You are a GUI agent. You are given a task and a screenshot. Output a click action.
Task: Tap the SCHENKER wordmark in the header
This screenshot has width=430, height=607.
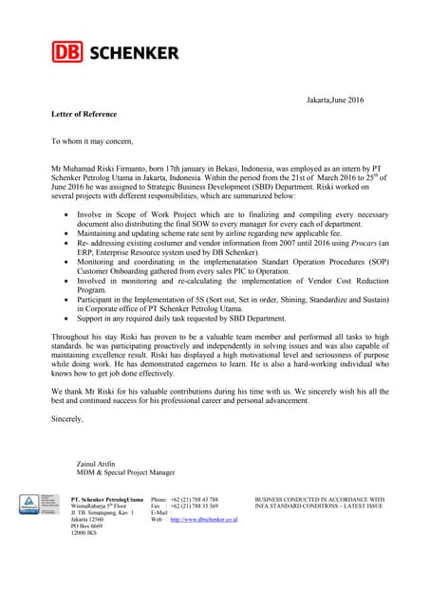coord(134,51)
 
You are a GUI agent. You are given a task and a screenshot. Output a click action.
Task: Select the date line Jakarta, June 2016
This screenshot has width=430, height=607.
coord(335,101)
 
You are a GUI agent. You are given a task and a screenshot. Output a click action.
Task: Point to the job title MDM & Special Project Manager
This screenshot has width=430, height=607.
coord(125,472)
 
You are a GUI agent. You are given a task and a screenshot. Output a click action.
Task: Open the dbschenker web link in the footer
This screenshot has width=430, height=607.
coord(203,520)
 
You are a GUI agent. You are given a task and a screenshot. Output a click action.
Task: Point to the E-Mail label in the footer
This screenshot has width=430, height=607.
coord(160,513)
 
